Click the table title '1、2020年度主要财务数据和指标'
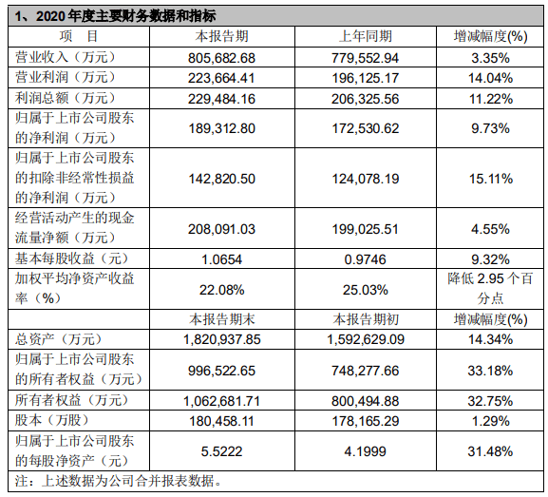click(115, 16)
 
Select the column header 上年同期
click(366, 36)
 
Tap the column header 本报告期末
click(222, 319)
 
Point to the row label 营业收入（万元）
click(66, 57)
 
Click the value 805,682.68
click(222, 58)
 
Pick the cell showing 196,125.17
click(366, 78)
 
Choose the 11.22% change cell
click(490, 99)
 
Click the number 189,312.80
click(222, 128)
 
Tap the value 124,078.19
click(366, 179)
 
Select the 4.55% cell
click(490, 229)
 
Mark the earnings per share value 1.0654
click(222, 259)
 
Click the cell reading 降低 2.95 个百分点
click(490, 289)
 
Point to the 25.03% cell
click(366, 290)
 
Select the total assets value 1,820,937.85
click(222, 339)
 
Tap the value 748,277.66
click(366, 371)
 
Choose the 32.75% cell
click(490, 401)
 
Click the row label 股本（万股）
click(52, 420)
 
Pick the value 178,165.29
click(366, 421)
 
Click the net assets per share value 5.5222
click(222, 451)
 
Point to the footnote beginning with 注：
click(118, 481)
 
